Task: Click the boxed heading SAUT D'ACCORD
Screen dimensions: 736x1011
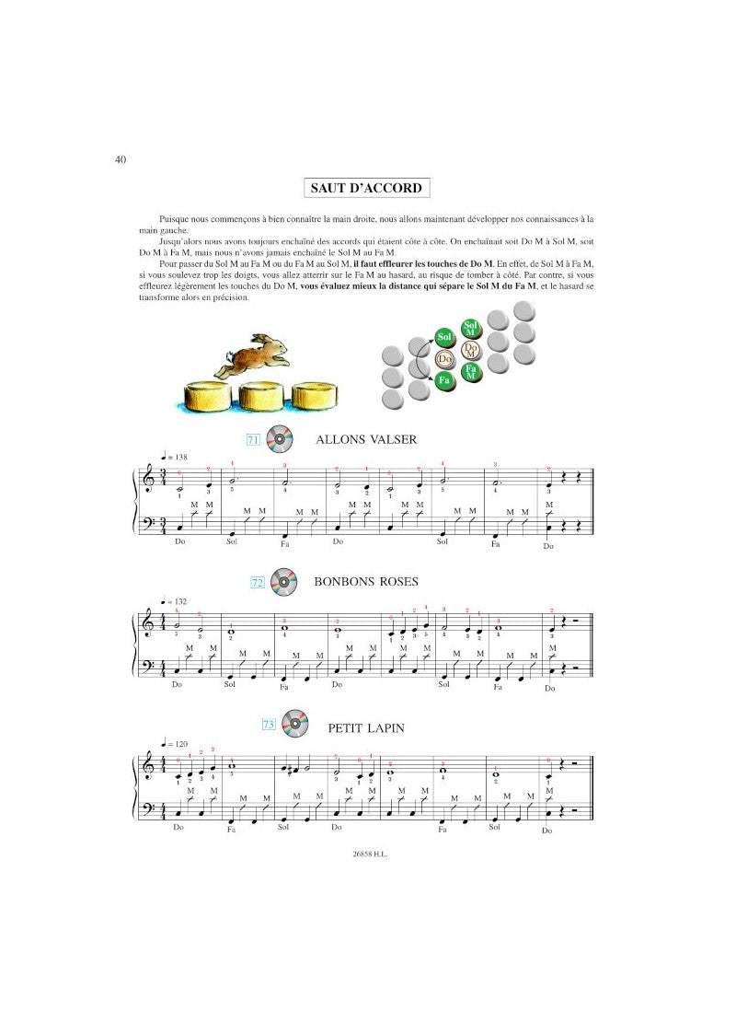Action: coord(367,189)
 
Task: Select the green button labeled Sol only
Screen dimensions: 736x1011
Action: coord(444,337)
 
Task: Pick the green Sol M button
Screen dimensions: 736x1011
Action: coord(470,329)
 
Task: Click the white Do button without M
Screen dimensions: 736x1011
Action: coord(445,359)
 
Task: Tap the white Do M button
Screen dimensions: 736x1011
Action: coord(471,351)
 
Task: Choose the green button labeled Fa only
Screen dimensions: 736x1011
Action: coord(444,380)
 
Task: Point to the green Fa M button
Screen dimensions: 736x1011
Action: coord(471,372)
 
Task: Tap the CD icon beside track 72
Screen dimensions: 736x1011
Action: coord(283,581)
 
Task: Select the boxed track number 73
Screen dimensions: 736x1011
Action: coord(269,725)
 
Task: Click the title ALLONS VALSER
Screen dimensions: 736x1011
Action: coord(366,440)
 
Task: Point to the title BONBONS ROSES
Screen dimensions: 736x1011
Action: coord(366,581)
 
